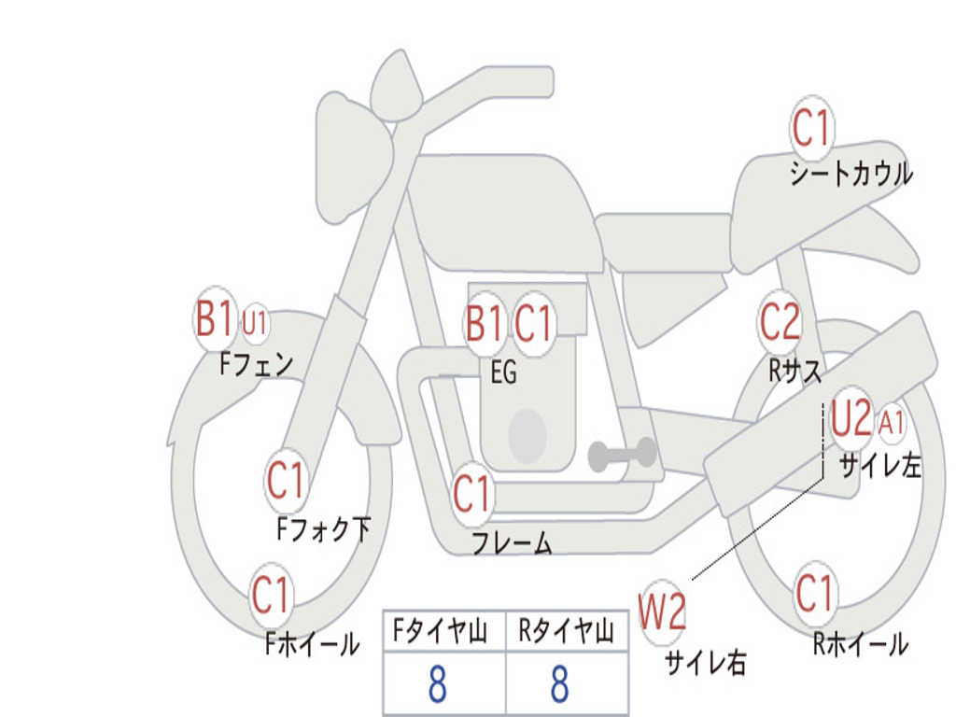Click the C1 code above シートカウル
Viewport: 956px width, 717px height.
(811, 127)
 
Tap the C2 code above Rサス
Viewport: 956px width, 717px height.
(780, 321)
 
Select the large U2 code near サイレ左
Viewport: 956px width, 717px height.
(851, 417)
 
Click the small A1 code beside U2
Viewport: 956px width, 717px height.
(891, 423)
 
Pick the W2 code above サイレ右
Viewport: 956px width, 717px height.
(662, 612)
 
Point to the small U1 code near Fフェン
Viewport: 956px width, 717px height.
(254, 322)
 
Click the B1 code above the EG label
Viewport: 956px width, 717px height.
(484, 322)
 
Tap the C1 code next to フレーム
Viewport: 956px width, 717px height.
(471, 493)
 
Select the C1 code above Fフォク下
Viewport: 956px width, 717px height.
(285, 480)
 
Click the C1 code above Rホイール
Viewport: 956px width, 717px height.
(814, 593)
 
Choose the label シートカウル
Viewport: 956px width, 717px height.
(851, 173)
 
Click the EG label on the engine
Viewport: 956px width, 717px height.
(503, 372)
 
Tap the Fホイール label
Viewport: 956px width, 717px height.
(312, 644)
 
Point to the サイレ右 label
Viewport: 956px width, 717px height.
(706, 662)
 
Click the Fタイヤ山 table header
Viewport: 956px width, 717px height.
(440, 630)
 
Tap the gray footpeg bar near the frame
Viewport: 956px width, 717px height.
(622, 454)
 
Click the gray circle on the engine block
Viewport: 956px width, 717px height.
(527, 435)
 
